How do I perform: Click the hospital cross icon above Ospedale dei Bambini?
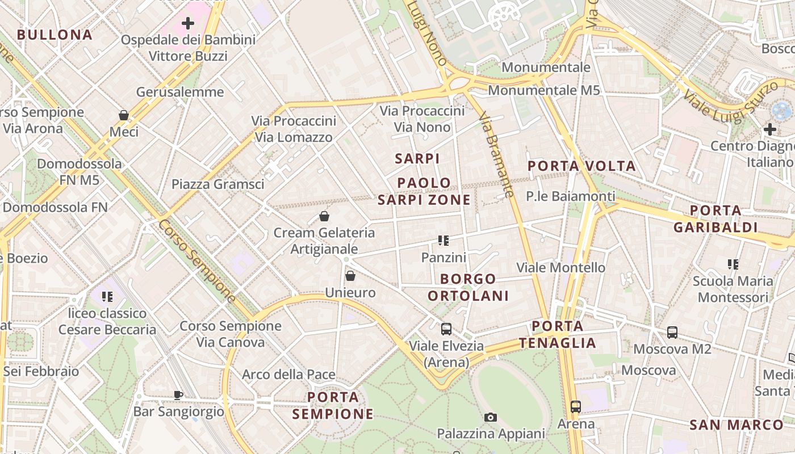point(188,23)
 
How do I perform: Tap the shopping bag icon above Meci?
point(124,115)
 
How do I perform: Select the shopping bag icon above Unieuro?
point(350,276)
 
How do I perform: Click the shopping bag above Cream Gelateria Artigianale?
point(324,216)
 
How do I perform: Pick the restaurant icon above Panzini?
point(443,241)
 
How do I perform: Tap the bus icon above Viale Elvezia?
point(446,329)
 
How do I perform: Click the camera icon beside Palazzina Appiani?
point(491,417)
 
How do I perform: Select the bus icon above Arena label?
point(576,406)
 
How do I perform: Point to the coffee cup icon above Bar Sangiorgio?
point(178,395)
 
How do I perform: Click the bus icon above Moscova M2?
point(672,332)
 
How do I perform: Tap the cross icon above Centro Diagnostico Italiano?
point(770,129)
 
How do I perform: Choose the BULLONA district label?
point(55,35)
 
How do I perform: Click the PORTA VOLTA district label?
point(581,166)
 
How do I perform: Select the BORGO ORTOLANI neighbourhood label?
point(468,288)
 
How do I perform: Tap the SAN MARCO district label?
point(737,424)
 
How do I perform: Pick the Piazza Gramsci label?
point(218,184)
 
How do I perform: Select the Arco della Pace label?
point(288,375)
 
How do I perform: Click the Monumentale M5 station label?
point(543,90)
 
